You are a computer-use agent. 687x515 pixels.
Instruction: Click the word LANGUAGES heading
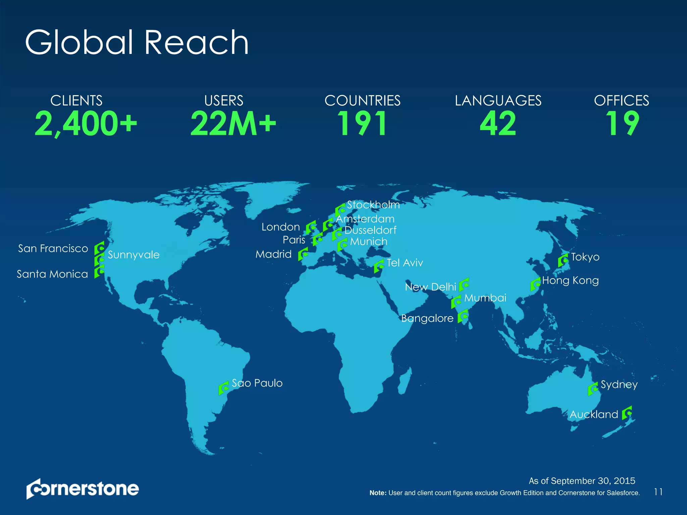point(498,101)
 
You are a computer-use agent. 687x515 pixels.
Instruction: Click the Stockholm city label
point(373,205)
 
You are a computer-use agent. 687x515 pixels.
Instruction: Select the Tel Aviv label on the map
point(405,263)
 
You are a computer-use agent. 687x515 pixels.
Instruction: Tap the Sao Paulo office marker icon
point(224,388)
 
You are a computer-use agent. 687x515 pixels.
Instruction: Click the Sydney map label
point(619,384)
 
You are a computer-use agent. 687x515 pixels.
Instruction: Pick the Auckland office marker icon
point(627,413)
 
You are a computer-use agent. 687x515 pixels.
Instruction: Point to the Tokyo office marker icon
point(563,260)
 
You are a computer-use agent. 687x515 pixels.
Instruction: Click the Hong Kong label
point(570,280)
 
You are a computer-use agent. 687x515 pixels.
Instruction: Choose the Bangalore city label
point(427,318)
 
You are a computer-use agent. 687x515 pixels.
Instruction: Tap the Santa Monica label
point(52,274)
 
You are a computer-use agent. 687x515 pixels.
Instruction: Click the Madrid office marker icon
point(303,254)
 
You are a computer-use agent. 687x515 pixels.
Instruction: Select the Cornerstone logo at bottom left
point(83,489)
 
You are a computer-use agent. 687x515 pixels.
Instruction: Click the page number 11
point(658,492)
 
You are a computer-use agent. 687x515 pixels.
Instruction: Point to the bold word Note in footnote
point(378,493)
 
